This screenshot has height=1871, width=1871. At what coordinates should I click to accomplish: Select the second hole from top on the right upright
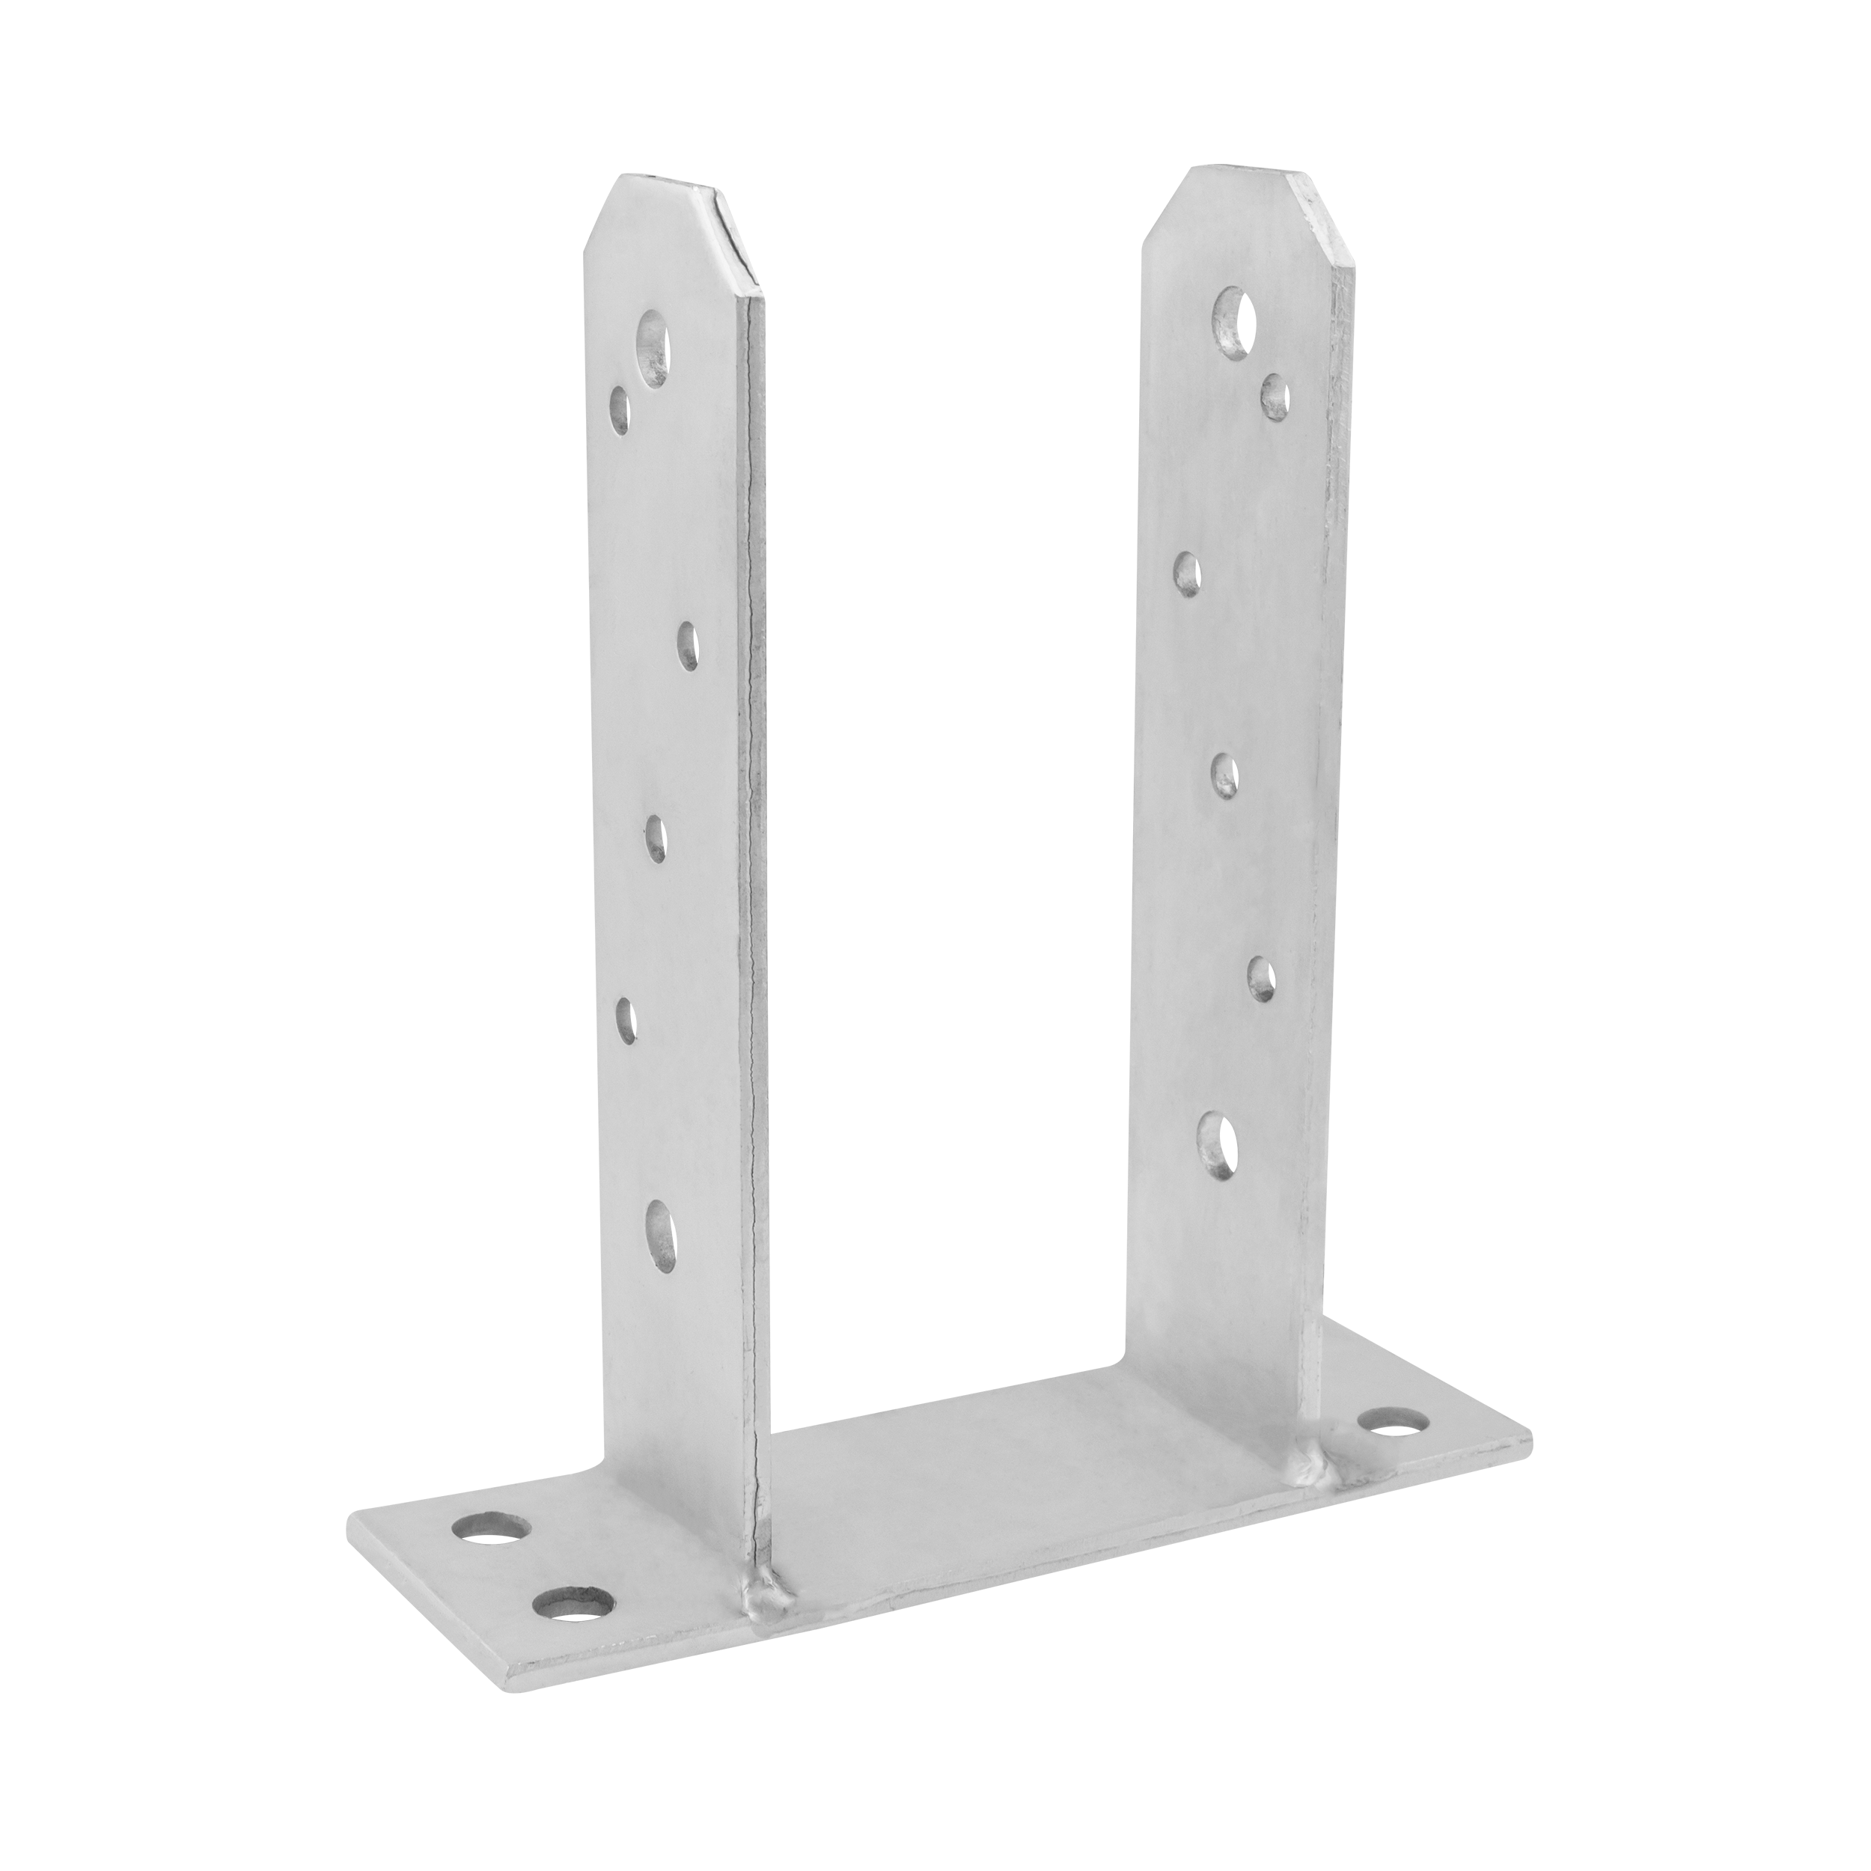(x=1275, y=398)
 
